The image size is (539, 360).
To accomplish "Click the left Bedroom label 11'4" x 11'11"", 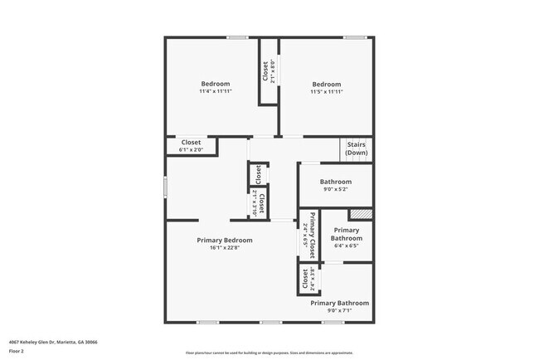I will [x=215, y=87].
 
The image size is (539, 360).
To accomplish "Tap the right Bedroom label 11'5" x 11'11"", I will [x=326, y=87].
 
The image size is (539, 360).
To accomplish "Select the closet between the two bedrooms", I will [x=268, y=71].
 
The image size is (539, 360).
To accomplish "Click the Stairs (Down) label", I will [x=357, y=148].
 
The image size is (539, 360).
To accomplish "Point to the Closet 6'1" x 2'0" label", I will [x=191, y=146].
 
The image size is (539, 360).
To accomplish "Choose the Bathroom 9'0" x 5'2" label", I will [x=336, y=186].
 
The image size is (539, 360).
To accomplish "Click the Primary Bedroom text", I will [x=225, y=241].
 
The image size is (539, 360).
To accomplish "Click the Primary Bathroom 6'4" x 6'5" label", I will [x=346, y=238].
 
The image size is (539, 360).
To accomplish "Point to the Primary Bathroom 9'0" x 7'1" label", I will [x=339, y=307].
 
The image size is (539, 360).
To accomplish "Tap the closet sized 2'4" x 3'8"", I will [x=305, y=279].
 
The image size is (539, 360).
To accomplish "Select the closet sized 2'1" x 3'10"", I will [x=258, y=202].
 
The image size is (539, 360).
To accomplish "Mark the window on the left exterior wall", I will [x=165, y=187].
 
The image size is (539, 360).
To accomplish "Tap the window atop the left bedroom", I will [x=237, y=37].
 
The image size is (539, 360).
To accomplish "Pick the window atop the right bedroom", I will [x=355, y=37].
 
